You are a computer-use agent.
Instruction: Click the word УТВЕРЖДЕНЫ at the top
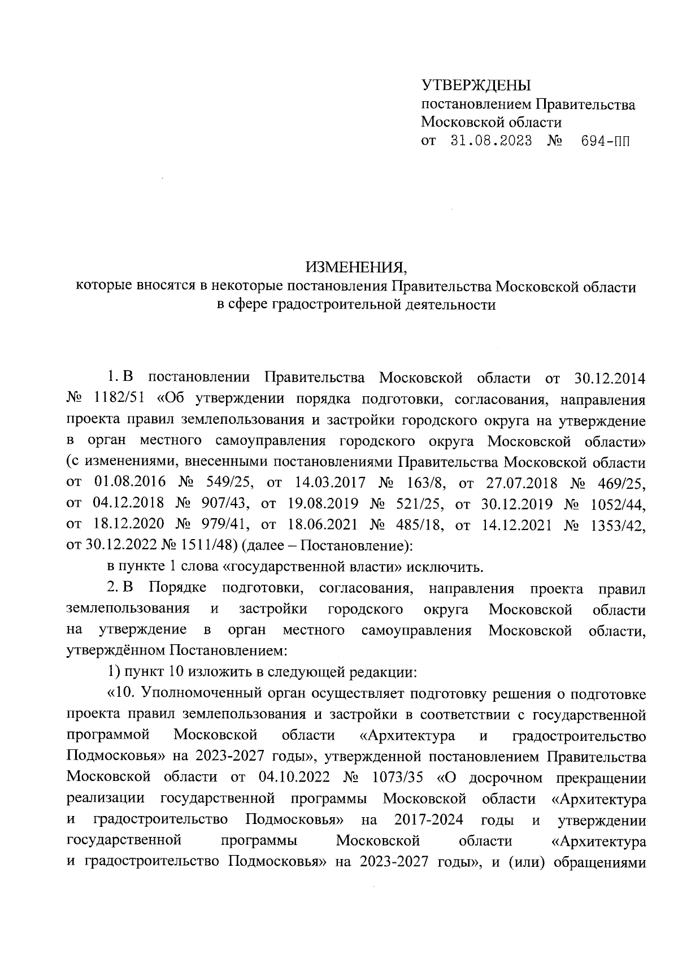[477, 86]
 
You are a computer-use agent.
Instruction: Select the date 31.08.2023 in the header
[491, 141]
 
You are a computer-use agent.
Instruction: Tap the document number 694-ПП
[605, 141]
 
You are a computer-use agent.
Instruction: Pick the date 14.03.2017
[330, 483]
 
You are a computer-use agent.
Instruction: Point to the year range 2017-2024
[429, 819]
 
